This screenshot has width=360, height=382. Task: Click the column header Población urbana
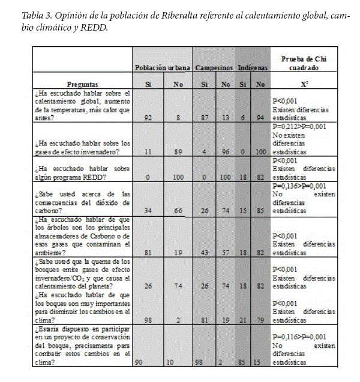163,68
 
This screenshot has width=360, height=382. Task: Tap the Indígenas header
253,68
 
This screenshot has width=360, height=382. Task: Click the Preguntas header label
83,85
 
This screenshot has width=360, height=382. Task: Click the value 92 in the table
148,118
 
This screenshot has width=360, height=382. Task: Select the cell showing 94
260,118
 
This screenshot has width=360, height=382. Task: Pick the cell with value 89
178,153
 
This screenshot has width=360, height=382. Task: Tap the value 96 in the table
226,153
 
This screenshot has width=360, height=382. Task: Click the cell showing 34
148,211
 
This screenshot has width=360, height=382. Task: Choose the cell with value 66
178,211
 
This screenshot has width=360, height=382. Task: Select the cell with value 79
260,319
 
